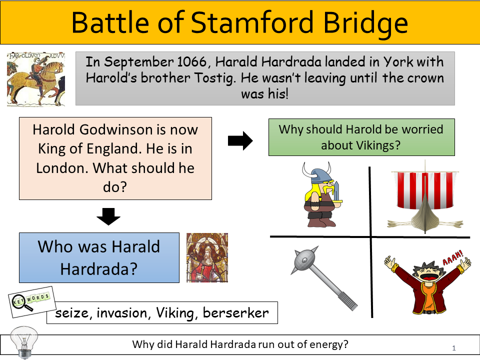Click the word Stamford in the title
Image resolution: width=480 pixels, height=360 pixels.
click(x=252, y=22)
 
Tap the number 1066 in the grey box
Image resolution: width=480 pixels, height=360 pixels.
click(x=192, y=62)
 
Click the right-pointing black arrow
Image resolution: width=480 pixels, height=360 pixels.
click(x=240, y=141)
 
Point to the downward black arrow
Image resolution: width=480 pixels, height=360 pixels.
click(x=108, y=216)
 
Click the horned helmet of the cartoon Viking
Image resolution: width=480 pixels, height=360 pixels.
click(x=316, y=173)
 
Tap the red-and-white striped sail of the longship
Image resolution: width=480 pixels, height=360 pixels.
click(x=425, y=190)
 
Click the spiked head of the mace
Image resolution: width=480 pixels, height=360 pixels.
click(x=305, y=260)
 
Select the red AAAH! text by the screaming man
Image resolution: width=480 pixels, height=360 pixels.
click(x=453, y=257)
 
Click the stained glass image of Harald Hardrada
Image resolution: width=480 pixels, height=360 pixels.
click(x=207, y=257)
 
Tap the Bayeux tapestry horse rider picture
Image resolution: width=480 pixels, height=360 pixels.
click(x=36, y=79)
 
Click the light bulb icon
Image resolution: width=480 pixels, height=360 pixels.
click(x=24, y=342)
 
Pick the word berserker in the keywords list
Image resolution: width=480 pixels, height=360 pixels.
click(x=235, y=313)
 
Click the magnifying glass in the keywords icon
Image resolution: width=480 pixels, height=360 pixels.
click(x=21, y=303)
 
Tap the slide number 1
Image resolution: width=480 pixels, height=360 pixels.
click(x=454, y=348)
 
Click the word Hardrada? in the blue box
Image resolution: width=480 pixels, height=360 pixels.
click(x=99, y=269)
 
